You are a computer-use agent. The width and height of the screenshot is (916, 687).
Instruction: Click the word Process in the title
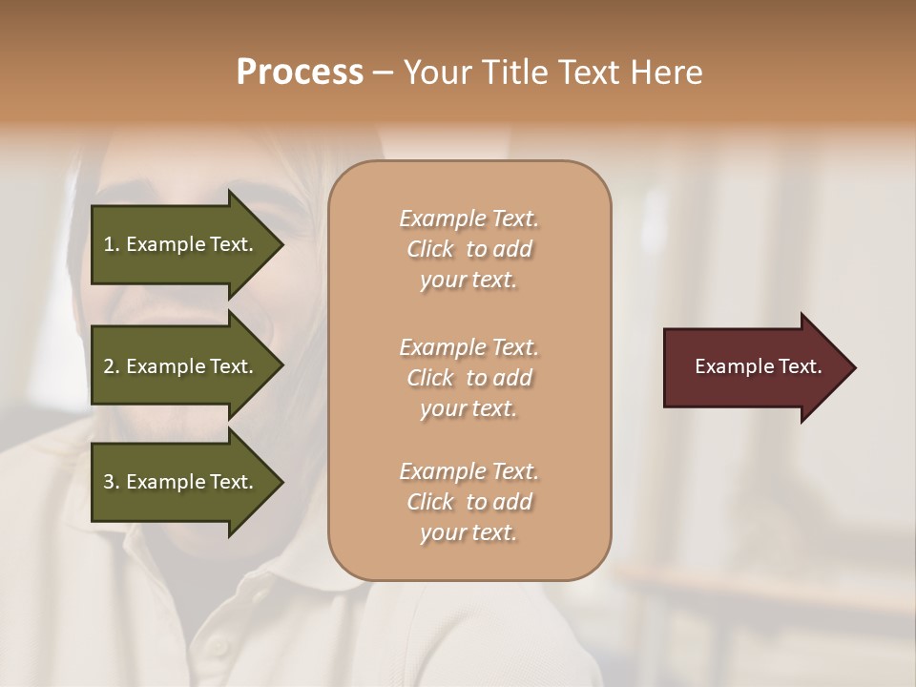pos(300,73)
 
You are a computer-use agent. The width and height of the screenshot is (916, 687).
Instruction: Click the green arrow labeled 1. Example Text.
pos(181,244)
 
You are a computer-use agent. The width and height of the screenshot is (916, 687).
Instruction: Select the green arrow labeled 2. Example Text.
pos(181,366)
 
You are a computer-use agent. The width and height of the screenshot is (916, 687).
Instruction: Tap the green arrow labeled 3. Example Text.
pos(181,482)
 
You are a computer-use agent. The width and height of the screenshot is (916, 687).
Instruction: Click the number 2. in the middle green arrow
pos(112,366)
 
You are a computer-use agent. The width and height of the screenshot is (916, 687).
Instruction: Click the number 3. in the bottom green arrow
pos(112,482)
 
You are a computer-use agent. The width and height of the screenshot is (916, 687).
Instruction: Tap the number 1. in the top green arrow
pos(112,244)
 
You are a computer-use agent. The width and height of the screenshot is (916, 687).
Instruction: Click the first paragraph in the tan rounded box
pos(468,249)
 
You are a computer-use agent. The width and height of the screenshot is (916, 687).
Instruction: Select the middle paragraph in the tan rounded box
pos(468,377)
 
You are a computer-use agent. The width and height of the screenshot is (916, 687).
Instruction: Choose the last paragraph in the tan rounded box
pos(468,502)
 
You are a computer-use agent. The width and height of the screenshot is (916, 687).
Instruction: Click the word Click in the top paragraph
pos(430,249)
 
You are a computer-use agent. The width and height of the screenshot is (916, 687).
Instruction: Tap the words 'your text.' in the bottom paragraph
pos(468,532)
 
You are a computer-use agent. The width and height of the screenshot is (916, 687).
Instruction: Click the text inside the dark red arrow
pos(758,366)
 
